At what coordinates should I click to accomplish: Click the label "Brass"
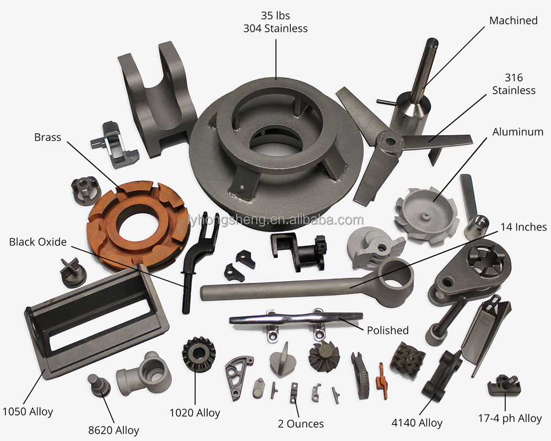(47, 137)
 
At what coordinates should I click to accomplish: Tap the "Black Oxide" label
(37, 242)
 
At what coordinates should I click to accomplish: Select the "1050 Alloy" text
(28, 411)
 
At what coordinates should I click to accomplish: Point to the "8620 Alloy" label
(114, 430)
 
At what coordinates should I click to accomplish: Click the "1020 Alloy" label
(195, 412)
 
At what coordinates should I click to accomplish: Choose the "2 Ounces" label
(300, 424)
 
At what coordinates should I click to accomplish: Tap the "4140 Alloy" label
(417, 423)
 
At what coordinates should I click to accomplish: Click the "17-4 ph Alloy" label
(510, 418)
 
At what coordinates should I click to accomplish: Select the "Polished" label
(387, 330)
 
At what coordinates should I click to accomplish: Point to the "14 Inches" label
(523, 227)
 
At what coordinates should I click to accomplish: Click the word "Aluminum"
(517, 132)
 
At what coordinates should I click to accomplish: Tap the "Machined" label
(514, 20)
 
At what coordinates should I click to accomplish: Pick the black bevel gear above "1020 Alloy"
(199, 353)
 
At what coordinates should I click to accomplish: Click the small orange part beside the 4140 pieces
(382, 381)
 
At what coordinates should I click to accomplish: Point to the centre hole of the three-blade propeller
(390, 142)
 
